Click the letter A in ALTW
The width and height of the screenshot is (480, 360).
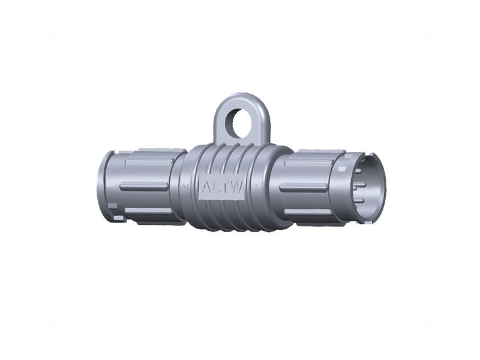tap(206, 188)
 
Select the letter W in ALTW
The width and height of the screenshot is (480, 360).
tap(236, 188)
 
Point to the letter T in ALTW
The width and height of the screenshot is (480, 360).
tap(225, 188)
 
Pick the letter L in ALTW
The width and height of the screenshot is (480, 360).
tap(216, 188)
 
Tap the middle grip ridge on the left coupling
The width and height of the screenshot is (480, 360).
tap(143, 188)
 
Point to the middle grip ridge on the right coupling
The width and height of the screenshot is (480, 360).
tap(303, 188)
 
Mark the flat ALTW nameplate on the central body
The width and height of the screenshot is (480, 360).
tap(221, 188)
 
